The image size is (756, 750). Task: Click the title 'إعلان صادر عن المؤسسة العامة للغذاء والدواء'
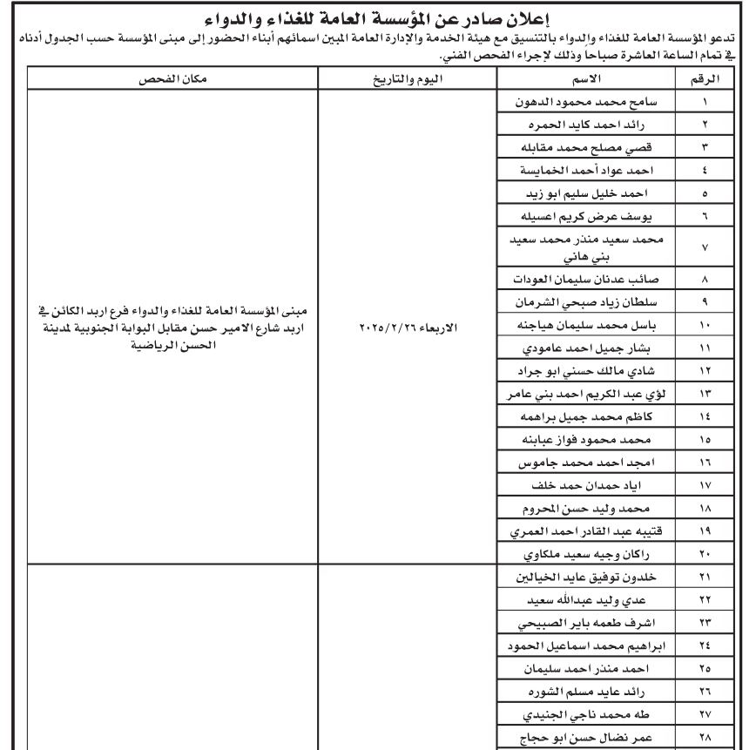[x=378, y=17]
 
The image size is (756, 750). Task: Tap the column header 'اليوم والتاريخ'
[x=407, y=79]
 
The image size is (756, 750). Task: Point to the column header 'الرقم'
[x=708, y=79]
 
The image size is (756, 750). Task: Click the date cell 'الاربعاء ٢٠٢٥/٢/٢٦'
[x=407, y=329]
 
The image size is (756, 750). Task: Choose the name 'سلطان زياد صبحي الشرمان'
[x=595, y=303]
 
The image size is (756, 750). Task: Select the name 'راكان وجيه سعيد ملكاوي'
[x=595, y=553]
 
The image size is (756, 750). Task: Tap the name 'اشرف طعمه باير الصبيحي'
[x=595, y=624]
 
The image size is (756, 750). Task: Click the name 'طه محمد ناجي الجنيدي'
[x=595, y=714]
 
